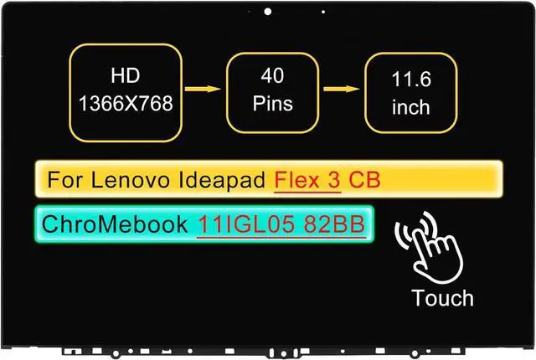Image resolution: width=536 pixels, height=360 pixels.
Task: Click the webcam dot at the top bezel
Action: [x=267, y=12]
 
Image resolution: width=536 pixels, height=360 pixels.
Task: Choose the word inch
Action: [x=410, y=108]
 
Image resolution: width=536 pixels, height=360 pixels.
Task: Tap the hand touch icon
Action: [x=435, y=248]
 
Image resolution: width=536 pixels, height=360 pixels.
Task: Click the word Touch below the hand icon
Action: [x=443, y=298]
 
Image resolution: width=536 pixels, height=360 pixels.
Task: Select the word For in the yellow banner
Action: [x=62, y=180]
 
